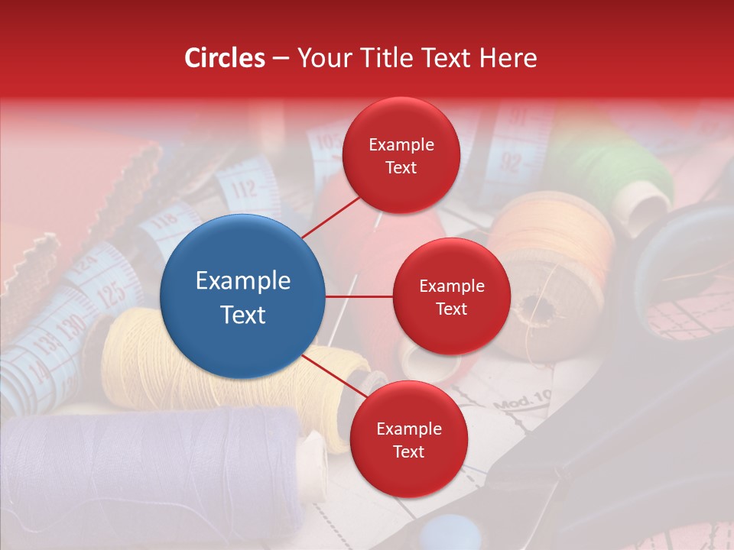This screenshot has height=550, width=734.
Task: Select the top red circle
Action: point(401,155)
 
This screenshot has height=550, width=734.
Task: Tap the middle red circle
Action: point(451,296)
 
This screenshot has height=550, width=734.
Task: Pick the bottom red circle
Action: point(408,439)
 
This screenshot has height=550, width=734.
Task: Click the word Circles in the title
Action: point(225,58)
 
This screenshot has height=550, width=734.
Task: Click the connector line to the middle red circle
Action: point(359,296)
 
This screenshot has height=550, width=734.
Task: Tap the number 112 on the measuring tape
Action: point(244,189)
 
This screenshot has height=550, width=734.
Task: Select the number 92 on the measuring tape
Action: point(511,163)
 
